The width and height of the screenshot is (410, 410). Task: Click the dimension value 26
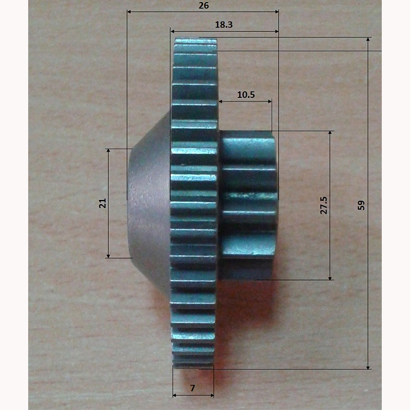pyautogui.click(x=203, y=6)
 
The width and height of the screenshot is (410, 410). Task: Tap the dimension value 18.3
pyautogui.click(x=223, y=25)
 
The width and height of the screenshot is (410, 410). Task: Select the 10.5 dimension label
pyautogui.click(x=246, y=94)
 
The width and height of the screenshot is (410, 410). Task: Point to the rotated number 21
pyautogui.click(x=102, y=203)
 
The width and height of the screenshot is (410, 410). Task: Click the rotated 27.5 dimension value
pyautogui.click(x=324, y=206)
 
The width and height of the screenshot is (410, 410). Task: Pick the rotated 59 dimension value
pyautogui.click(x=361, y=206)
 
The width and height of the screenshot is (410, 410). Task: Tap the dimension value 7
pyautogui.click(x=193, y=388)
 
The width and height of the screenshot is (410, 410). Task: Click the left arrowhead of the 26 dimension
pyautogui.click(x=129, y=11)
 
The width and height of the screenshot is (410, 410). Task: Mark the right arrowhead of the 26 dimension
pyautogui.click(x=276, y=11)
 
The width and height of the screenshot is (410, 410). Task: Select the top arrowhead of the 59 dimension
pyautogui.click(x=368, y=39)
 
